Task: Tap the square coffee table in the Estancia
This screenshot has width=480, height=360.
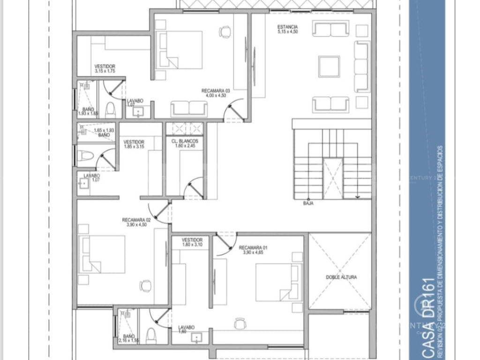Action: coord(329,66)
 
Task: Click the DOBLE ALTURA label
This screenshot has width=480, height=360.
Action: coord(341,277)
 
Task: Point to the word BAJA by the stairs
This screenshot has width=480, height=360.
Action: coord(308,203)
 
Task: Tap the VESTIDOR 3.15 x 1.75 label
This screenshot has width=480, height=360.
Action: coord(105,68)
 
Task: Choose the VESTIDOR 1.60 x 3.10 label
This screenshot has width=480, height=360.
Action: coord(192,241)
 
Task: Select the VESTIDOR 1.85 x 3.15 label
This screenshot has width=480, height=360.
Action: coord(134,144)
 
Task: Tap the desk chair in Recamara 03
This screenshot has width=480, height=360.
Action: coord(225,32)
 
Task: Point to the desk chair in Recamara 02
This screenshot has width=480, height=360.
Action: coord(146,285)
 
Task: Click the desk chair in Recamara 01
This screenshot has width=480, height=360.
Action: coord(240,323)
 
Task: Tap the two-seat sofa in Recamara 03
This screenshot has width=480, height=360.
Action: coord(188,108)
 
